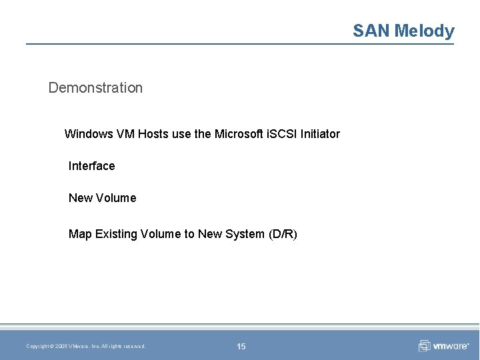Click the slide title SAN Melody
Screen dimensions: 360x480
403,31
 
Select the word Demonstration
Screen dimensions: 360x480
95,87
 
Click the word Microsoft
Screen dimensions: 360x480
239,134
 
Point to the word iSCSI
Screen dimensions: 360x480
281,134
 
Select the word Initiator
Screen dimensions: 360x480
320,134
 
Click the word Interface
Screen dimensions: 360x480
91,166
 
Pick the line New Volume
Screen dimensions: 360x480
102,198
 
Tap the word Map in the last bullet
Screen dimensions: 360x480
80,234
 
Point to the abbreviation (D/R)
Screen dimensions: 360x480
283,234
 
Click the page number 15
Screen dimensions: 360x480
241,346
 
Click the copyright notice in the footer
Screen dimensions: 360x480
86,346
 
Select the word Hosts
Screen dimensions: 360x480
153,134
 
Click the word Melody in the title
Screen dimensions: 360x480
424,31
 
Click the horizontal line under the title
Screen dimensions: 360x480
240,45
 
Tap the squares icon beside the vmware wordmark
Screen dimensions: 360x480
425,346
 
